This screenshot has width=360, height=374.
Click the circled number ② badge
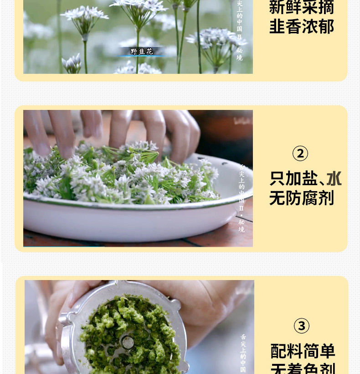click(x=300, y=153)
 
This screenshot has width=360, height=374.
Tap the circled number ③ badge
click(x=301, y=326)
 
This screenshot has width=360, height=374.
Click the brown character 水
click(x=334, y=178)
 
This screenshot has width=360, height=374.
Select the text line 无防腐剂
click(x=302, y=198)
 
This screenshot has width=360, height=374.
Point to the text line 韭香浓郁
click(x=302, y=26)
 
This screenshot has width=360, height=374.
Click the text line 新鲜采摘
click(x=302, y=7)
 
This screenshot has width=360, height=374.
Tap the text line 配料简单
click(x=303, y=351)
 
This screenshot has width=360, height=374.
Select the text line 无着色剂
click(x=303, y=369)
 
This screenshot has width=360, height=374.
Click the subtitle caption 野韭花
click(x=142, y=52)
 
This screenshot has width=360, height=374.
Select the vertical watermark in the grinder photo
click(x=243, y=353)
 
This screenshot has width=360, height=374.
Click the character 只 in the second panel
click(x=277, y=178)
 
